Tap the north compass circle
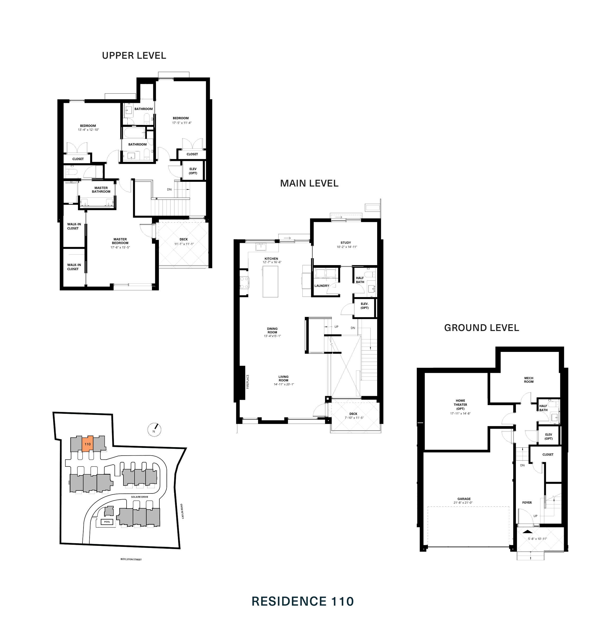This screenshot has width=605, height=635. [154, 430]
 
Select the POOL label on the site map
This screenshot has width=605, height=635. [107, 522]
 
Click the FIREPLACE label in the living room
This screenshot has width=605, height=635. [248, 381]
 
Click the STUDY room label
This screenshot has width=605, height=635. [346, 242]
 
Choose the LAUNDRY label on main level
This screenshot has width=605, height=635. [322, 286]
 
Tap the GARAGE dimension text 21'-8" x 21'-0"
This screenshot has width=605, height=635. [463, 503]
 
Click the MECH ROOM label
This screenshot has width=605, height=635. [529, 380]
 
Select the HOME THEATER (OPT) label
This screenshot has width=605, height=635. [460, 405]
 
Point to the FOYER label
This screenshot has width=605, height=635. [527, 503]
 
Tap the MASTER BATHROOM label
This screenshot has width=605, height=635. [101, 189]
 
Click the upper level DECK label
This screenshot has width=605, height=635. [183, 239]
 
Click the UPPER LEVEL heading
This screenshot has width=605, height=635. [134, 56]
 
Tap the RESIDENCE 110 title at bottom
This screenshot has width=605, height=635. [302, 601]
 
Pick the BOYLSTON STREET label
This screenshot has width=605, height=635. [131, 559]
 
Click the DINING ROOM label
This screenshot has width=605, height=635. [272, 330]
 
